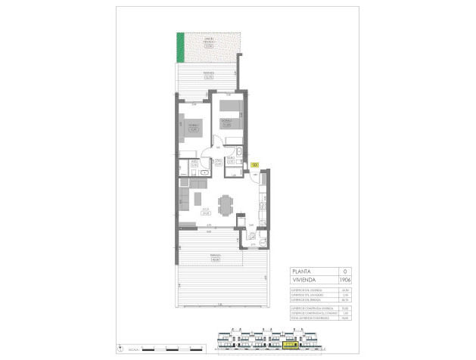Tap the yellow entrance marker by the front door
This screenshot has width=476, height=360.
pyautogui.click(x=254, y=165)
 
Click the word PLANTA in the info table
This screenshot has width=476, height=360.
pyautogui.click(x=304, y=271)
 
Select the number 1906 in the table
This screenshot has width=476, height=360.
pyautogui.click(x=346, y=279)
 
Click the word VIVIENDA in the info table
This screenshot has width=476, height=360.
pyautogui.click(x=306, y=279)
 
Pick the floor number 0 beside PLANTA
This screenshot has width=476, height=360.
pyautogui.click(x=345, y=271)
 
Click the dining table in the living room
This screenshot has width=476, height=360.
pyautogui.click(x=226, y=204)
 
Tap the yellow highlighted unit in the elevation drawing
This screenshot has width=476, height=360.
pyautogui.click(x=288, y=344)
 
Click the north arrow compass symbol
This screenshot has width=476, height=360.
pyautogui.click(x=121, y=349)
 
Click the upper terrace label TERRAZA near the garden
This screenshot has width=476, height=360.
pyautogui.click(x=207, y=73)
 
